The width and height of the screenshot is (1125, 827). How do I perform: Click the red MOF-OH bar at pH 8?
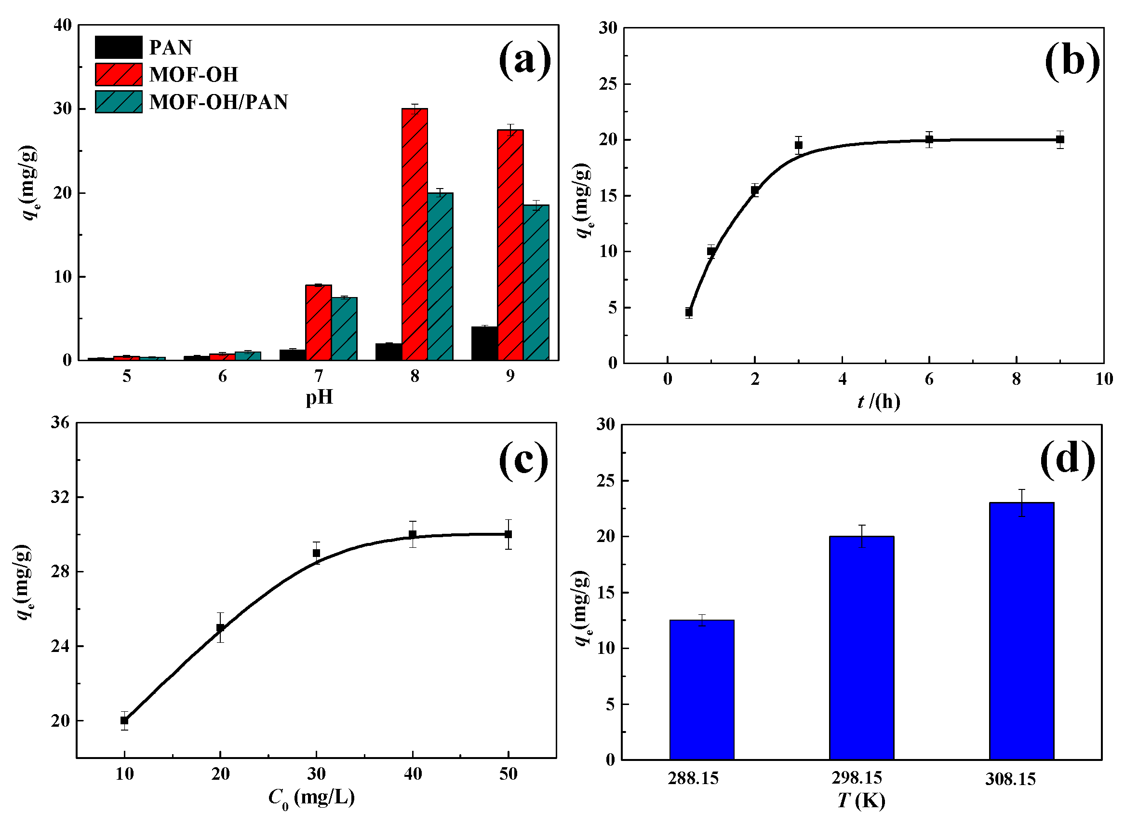click(x=415, y=234)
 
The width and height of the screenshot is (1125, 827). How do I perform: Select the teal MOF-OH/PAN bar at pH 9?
click(x=536, y=283)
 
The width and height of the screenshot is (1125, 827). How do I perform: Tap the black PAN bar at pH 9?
click(x=484, y=343)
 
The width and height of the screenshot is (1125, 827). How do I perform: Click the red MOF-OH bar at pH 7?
click(x=318, y=323)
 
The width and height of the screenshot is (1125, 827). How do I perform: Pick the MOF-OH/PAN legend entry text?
click(x=219, y=102)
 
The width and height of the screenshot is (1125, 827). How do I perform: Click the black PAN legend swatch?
click(x=119, y=48)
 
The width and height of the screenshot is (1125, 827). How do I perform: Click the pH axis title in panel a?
click(x=319, y=398)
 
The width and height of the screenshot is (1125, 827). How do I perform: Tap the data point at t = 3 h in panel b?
click(x=798, y=145)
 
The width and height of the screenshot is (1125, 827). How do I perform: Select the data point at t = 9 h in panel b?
click(x=1059, y=140)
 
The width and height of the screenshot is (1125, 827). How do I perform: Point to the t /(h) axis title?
click(x=878, y=402)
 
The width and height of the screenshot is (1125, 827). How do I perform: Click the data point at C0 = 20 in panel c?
click(x=220, y=628)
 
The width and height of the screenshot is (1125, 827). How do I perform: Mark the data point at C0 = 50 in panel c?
click(x=508, y=534)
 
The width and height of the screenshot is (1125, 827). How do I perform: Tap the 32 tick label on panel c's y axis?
click(x=60, y=497)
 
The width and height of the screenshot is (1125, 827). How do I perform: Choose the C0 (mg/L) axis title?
click(x=311, y=797)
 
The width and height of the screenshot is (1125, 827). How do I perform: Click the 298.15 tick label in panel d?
click(x=857, y=778)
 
